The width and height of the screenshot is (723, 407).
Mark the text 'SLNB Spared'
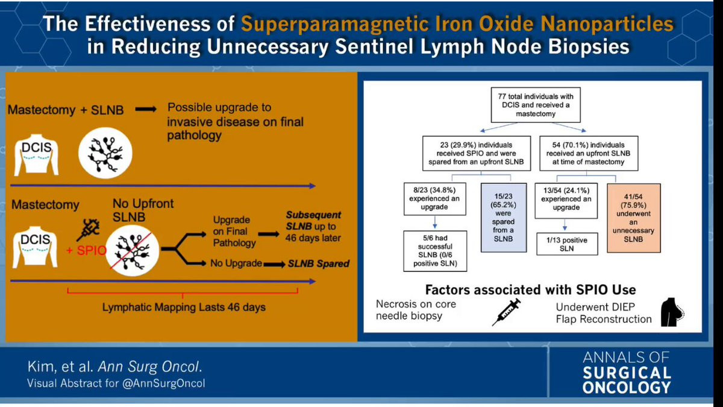[318, 264]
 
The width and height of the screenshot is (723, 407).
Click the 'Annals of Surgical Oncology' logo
[626, 373]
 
